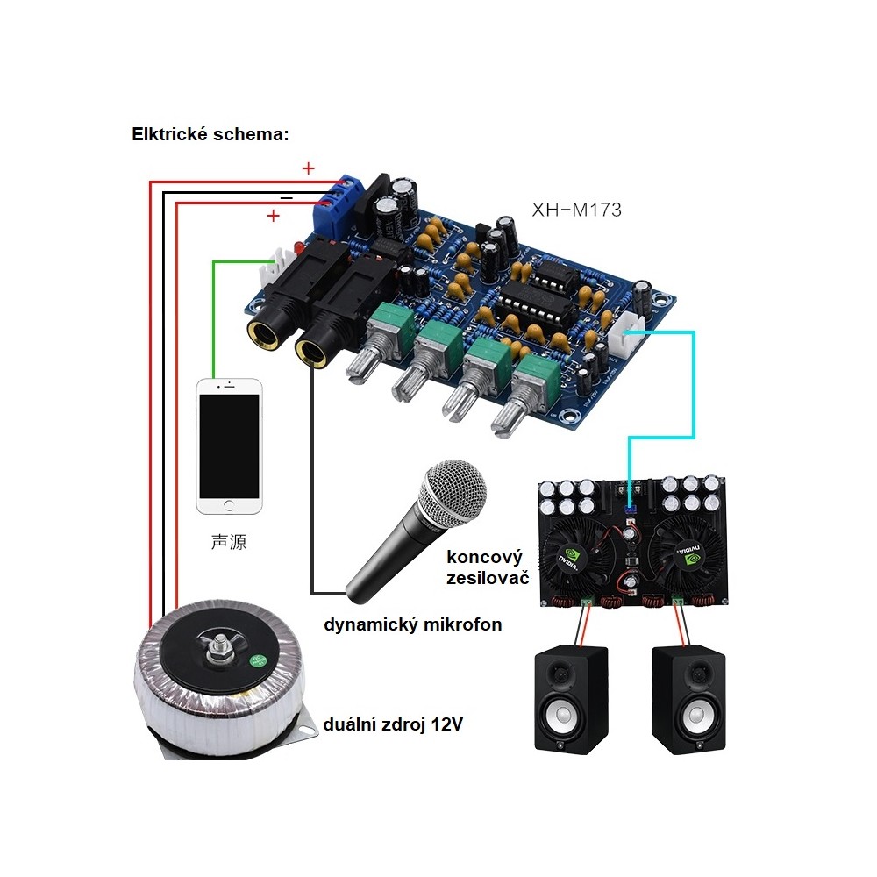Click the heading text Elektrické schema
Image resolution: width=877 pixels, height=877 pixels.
tap(210, 134)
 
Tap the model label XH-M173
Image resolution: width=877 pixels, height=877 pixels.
tap(576, 209)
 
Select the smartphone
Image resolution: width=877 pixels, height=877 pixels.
tap(229, 446)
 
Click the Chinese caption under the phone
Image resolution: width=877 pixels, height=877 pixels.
tap(229, 542)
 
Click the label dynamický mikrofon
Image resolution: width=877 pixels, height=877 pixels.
tap(413, 624)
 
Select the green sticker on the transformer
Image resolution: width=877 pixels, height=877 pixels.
tap(257, 661)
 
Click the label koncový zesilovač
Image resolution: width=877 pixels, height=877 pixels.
tap(485, 567)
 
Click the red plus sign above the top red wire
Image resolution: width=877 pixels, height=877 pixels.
tap(308, 168)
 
